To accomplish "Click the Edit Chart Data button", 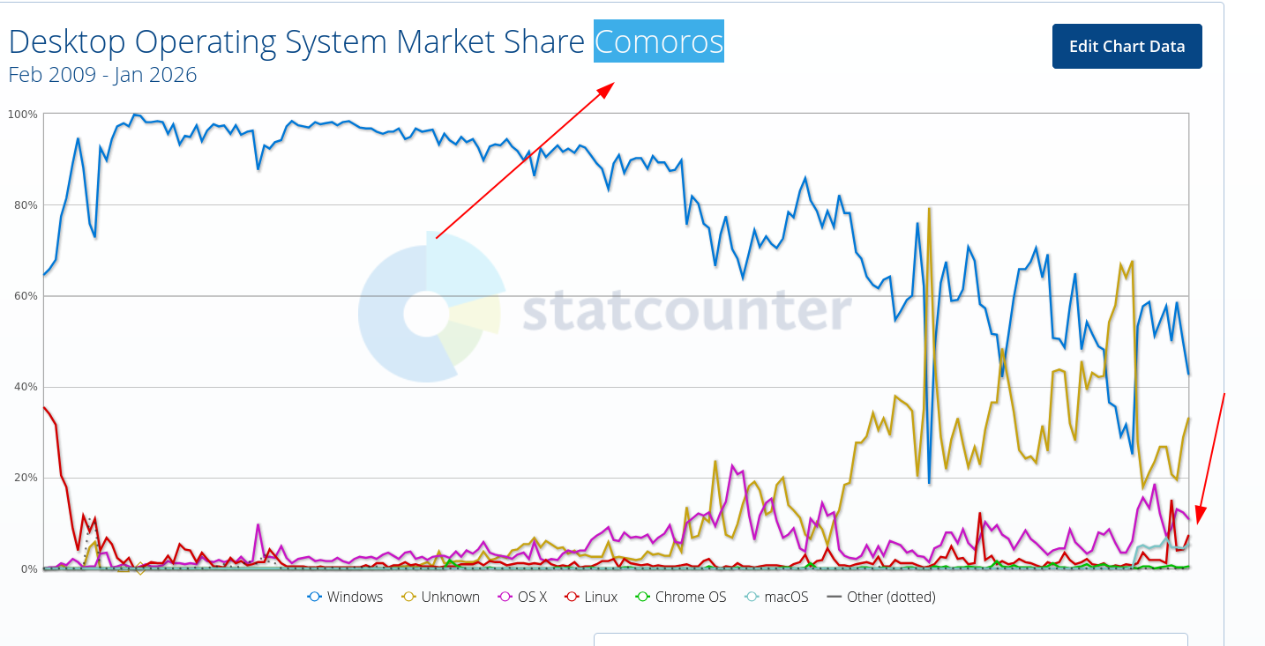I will [x=1127, y=47].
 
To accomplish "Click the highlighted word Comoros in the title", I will [x=658, y=41].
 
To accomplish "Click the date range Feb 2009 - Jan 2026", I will [x=102, y=75].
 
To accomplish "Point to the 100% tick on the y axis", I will [x=23, y=115].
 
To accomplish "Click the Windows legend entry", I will [x=346, y=597].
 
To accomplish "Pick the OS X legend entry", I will [x=523, y=597].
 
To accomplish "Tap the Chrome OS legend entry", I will [x=681, y=597].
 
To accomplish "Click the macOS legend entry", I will [x=776, y=597].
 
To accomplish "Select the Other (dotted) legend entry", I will [x=881, y=597].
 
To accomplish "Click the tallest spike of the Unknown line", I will [x=930, y=209].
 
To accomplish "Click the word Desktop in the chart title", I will [x=64, y=41].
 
